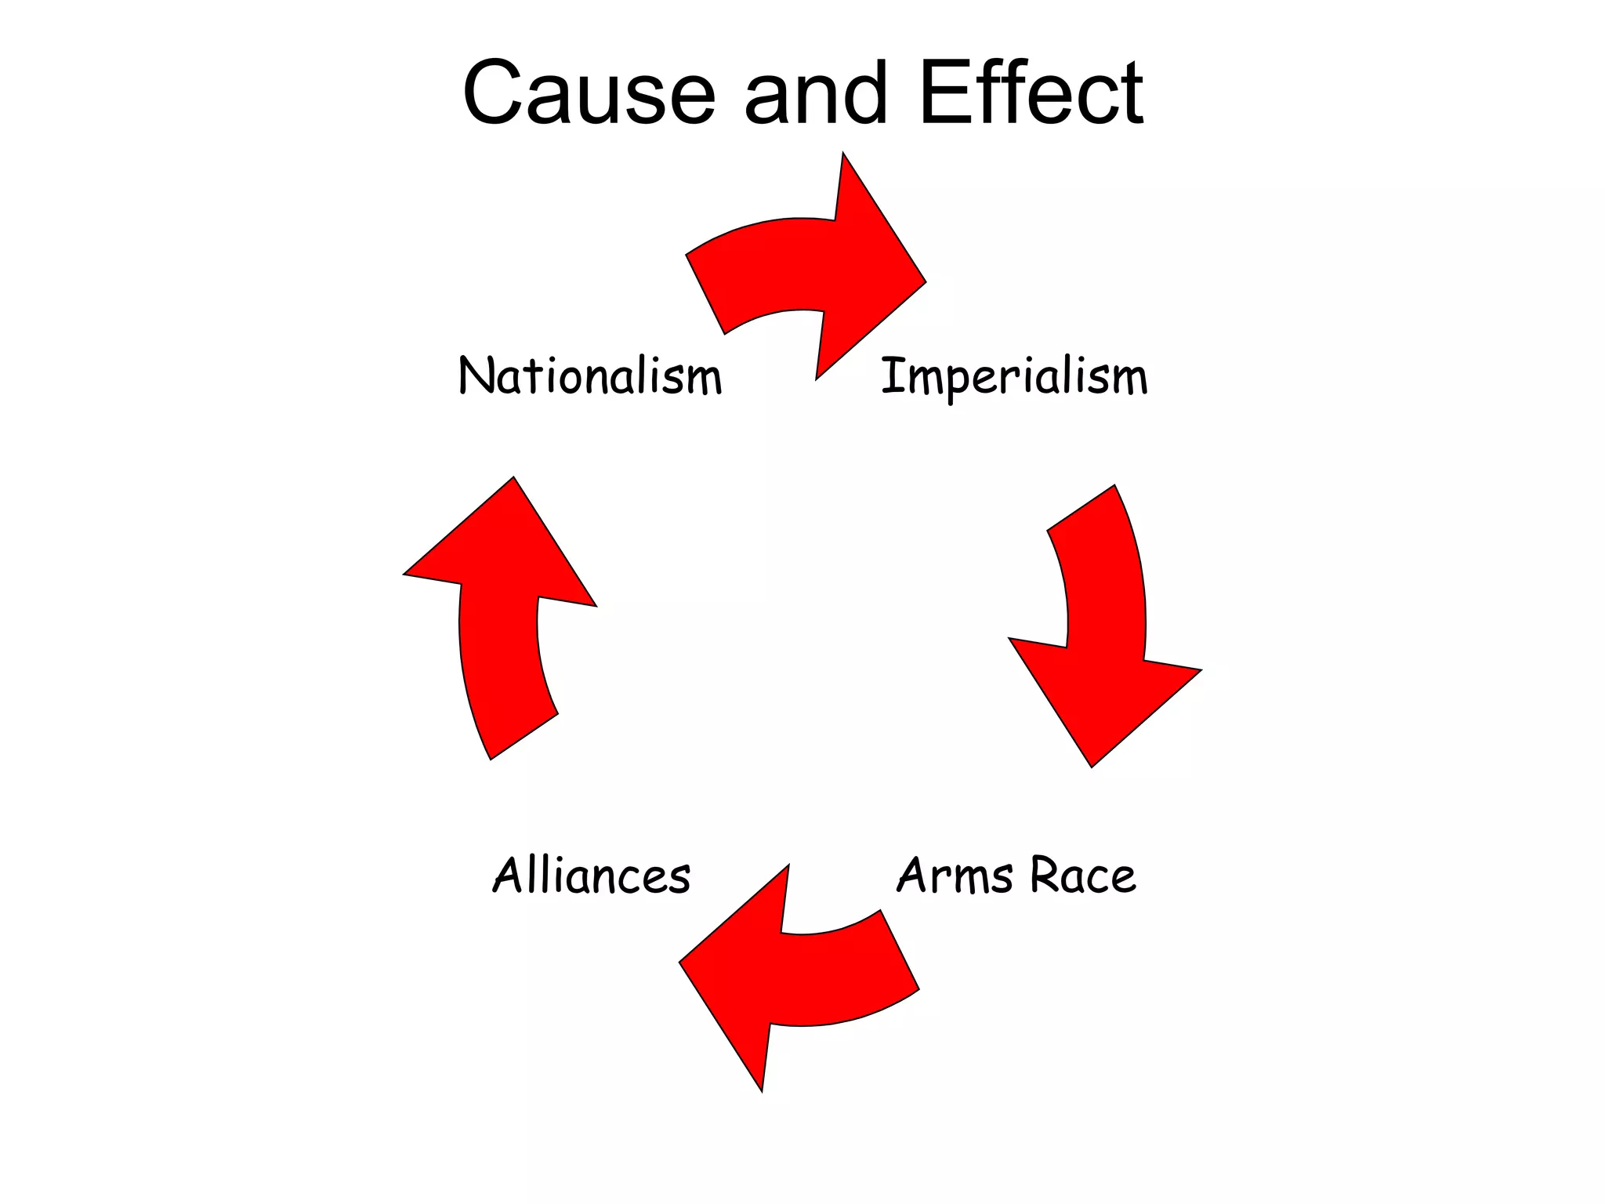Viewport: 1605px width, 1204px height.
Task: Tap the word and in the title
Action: tap(815, 93)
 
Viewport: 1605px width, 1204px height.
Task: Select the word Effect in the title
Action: tap(1031, 93)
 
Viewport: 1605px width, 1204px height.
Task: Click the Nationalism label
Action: tap(589, 375)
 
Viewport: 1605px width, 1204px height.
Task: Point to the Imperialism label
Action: tap(1014, 377)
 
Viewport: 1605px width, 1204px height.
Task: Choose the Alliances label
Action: tap(592, 876)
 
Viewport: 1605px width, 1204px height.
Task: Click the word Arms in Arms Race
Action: tap(955, 876)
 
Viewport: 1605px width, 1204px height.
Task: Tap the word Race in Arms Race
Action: tap(1082, 876)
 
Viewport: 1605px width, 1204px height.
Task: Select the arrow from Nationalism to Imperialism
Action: tap(807, 267)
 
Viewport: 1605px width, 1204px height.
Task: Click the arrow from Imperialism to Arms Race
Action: tap(1105, 627)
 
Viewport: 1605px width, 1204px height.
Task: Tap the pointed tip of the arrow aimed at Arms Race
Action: tap(1092, 765)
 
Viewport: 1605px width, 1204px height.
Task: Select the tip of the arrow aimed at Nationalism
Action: tap(513, 478)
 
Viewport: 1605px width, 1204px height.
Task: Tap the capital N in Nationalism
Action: tap(475, 375)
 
